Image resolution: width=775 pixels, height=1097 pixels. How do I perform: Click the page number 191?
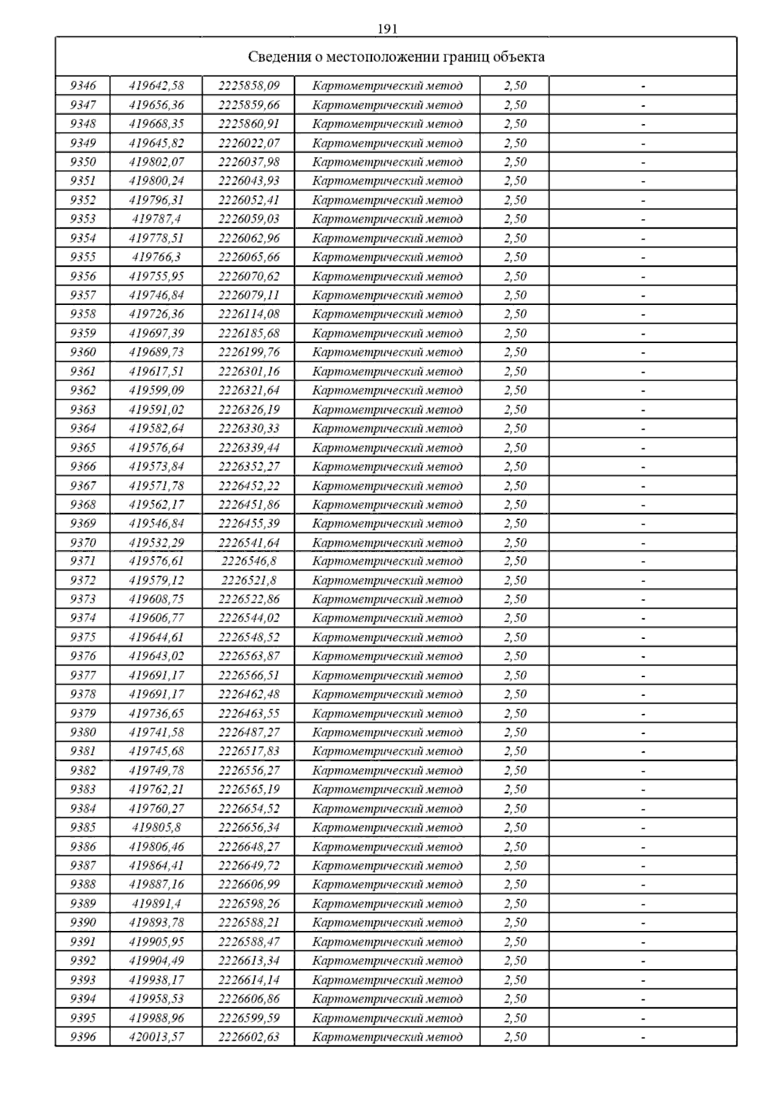[387, 29]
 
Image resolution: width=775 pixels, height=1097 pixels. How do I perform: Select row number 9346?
[83, 86]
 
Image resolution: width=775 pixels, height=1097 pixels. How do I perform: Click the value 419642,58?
[156, 86]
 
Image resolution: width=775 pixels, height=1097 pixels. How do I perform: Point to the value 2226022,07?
[249, 143]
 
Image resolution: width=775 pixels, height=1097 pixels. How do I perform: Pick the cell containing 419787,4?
[156, 219]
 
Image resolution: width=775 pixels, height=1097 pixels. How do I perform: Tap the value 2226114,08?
[249, 314]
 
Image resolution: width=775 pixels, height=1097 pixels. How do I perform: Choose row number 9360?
[83, 352]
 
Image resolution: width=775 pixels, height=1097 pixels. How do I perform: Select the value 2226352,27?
[249, 466]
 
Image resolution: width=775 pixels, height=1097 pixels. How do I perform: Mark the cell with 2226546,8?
[249, 561]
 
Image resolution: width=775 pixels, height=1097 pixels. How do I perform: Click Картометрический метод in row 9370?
[387, 543]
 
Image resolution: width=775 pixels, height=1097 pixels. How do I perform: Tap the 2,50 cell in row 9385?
[515, 828]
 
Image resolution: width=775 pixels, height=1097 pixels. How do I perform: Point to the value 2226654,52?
[249, 809]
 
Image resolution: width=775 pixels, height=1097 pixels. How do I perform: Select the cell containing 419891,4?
[156, 904]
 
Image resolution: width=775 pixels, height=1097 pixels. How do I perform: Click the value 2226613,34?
[249, 961]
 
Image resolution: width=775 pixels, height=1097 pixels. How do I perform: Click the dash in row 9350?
[643, 162]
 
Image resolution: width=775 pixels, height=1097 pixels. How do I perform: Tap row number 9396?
[83, 1037]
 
